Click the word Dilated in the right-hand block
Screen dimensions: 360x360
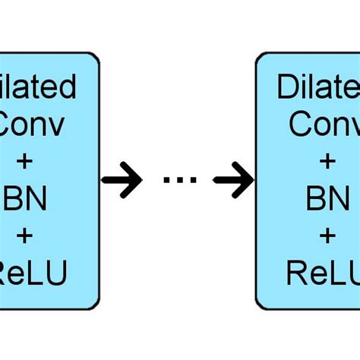pyautogui.click(x=318, y=87)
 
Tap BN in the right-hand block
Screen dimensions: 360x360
pyautogui.click(x=327, y=199)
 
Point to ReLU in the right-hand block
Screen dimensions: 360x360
pyautogui.click(x=323, y=272)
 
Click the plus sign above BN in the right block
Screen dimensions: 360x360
pyautogui.click(x=327, y=162)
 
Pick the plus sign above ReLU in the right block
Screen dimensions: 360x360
pyautogui.click(x=327, y=235)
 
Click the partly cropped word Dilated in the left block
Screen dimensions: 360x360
pyautogui.click(x=38, y=87)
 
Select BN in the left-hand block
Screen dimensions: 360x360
pyautogui.click(x=25, y=199)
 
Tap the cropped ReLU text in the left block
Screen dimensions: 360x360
pyautogui.click(x=33, y=272)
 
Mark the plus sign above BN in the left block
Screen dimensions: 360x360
pyautogui.click(x=24, y=162)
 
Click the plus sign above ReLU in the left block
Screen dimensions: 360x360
pyautogui.click(x=24, y=235)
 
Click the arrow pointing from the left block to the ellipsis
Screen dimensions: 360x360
pyautogui.click(x=122, y=180)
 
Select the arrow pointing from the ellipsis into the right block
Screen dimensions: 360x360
pyautogui.click(x=233, y=180)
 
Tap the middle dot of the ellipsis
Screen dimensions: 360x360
pyautogui.click(x=180, y=181)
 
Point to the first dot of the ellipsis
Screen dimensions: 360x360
pyautogui.click(x=167, y=181)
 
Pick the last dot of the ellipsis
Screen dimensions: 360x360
pyautogui.click(x=193, y=181)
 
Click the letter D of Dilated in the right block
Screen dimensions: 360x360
pyautogui.click(x=287, y=87)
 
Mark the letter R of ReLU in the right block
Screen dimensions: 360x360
pyautogui.click(x=297, y=272)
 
